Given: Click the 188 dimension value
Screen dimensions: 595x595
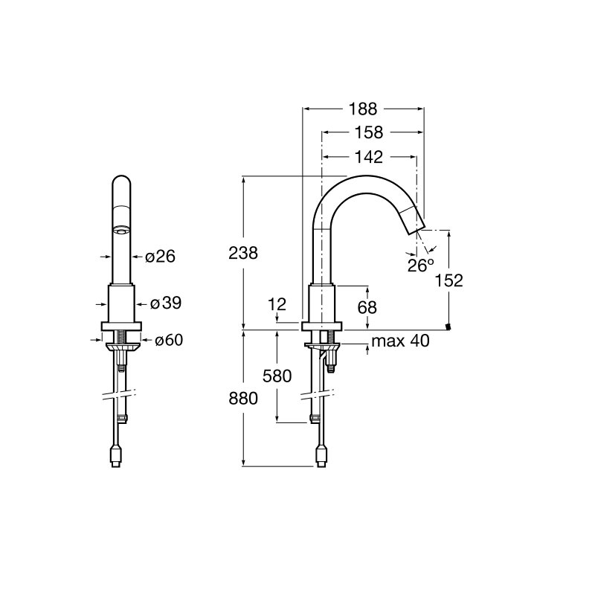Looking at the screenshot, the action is click(x=363, y=109).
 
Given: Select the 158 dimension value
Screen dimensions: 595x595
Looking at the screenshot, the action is click(x=368, y=132).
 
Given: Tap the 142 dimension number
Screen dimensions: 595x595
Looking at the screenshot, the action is click(x=368, y=157).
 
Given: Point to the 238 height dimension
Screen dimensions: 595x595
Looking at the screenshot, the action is click(x=243, y=253).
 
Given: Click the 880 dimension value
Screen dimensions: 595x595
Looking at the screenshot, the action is click(x=243, y=399).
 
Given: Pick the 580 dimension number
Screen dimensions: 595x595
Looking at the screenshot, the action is click(x=277, y=376).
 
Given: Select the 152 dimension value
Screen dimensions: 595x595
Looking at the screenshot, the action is click(x=449, y=280).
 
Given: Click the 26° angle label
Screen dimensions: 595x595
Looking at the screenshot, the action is click(x=420, y=265).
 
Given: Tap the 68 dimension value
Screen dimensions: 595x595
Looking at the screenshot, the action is click(x=367, y=307).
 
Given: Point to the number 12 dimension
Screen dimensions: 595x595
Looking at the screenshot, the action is click(x=277, y=304).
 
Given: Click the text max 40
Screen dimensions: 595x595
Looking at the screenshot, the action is click(x=400, y=341).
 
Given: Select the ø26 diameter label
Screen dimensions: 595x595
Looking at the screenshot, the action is click(x=160, y=257).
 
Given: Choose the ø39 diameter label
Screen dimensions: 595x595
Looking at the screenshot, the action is click(x=166, y=303).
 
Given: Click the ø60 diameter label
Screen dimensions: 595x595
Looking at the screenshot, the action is click(x=169, y=340).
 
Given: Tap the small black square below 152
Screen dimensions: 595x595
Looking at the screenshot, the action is click(x=449, y=327).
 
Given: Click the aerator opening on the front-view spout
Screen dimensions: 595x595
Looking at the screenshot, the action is click(x=122, y=230).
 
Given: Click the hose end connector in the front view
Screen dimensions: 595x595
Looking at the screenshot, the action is click(x=117, y=456).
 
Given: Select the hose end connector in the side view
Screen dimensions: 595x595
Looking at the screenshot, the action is click(x=321, y=456).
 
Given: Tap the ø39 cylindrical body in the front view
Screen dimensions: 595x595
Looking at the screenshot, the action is click(x=121, y=303).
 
